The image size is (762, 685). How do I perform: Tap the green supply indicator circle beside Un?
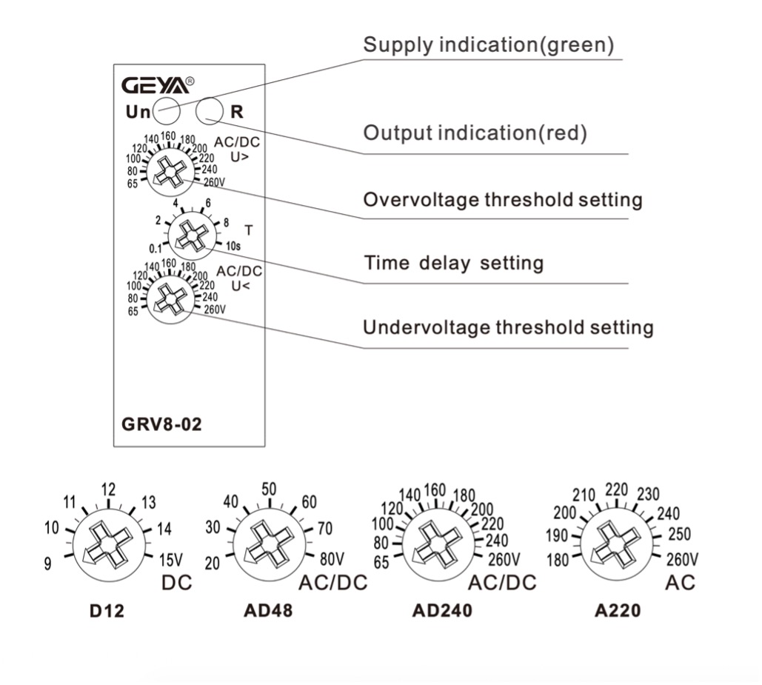point(164,112)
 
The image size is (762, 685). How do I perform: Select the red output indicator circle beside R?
point(209,112)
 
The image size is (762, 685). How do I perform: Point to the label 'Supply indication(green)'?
point(488,45)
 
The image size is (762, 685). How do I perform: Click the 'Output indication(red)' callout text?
point(475,133)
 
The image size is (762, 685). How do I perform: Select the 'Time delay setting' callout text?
point(453,263)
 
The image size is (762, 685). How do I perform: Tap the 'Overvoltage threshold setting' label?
point(502,199)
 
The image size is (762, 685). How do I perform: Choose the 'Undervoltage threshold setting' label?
point(508,327)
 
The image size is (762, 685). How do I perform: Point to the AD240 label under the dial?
point(442,612)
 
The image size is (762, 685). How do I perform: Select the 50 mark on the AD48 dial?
point(268,489)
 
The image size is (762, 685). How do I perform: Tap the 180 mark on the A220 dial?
point(558,559)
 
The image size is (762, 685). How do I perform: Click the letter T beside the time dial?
point(248,230)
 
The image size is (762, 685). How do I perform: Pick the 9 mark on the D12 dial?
point(48,564)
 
